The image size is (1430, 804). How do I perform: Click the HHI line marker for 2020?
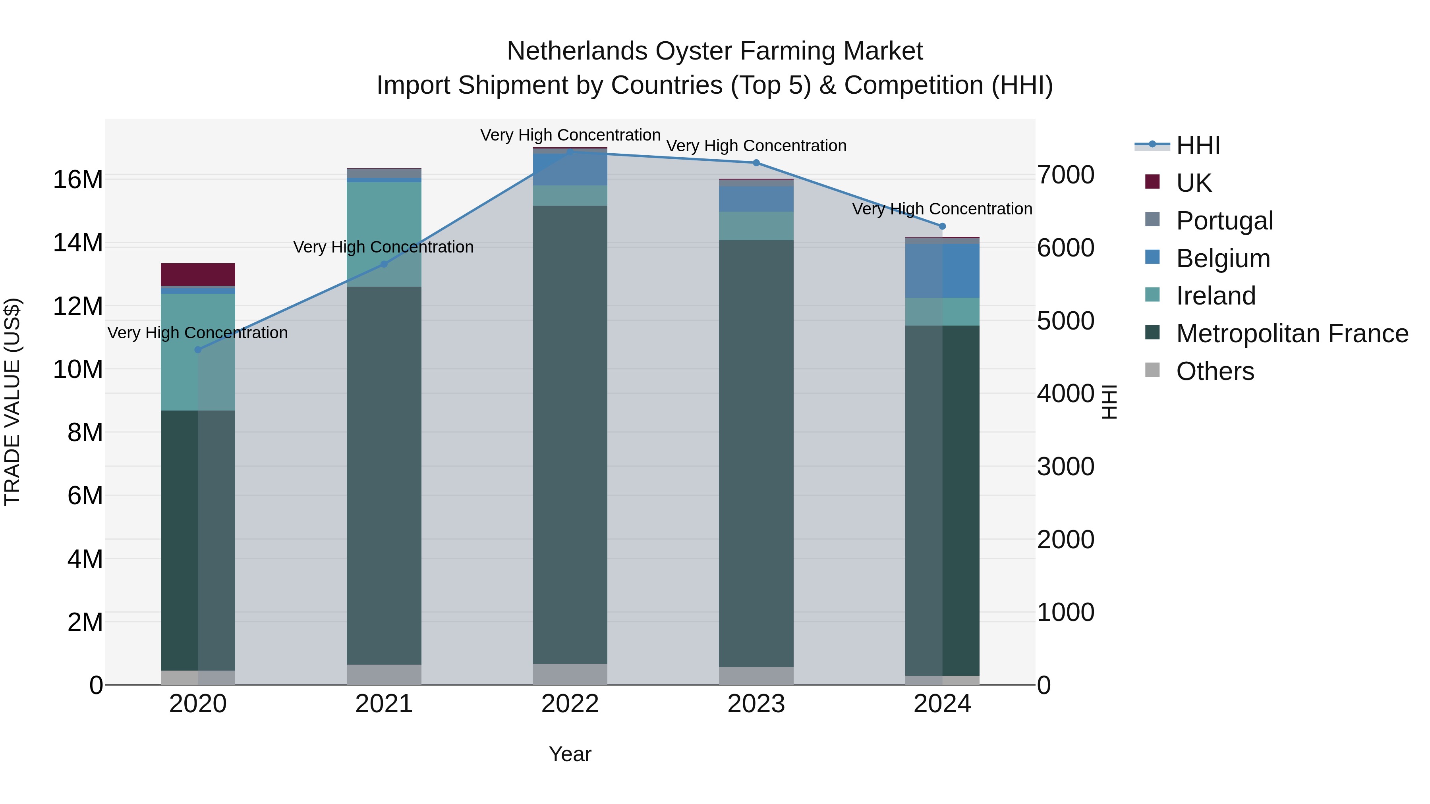tap(198, 349)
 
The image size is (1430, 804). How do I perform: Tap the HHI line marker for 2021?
tap(384, 264)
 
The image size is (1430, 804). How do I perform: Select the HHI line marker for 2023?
tap(756, 162)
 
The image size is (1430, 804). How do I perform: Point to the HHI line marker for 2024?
tap(942, 226)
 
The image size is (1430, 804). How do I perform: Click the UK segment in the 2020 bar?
tap(198, 274)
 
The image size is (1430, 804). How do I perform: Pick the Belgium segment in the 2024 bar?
tap(942, 271)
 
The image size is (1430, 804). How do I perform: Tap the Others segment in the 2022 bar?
tap(570, 674)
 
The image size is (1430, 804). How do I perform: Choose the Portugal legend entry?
tap(1224, 221)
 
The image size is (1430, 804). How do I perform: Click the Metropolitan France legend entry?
tap(1292, 334)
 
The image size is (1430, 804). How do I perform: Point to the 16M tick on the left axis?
tap(78, 180)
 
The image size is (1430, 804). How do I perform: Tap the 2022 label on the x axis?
tap(570, 704)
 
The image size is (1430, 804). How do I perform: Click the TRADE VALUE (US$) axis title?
tap(12, 402)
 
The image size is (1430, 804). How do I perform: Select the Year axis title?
tap(570, 754)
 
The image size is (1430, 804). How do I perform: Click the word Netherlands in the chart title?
tap(577, 51)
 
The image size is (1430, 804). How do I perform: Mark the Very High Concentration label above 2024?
tap(942, 209)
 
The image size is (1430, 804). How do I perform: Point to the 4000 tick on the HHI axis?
tap(1066, 393)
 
